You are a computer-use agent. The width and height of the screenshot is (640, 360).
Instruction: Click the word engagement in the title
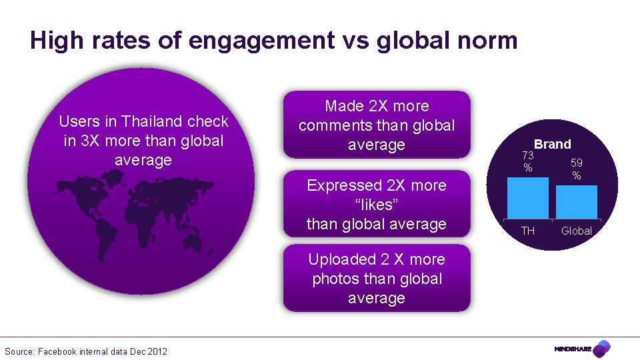click(261, 41)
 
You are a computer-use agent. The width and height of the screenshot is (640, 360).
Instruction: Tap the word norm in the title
click(487, 41)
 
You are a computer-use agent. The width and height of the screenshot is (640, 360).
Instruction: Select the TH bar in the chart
click(527, 198)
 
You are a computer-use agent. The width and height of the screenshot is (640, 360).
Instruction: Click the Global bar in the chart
click(577, 202)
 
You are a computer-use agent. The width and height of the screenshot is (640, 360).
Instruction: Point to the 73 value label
click(527, 156)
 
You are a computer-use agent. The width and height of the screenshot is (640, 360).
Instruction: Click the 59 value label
click(577, 163)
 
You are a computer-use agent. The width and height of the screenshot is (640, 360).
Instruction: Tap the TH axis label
click(527, 231)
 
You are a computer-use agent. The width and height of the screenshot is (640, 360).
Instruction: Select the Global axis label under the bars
click(577, 231)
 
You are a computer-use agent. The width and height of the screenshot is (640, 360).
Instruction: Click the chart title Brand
click(552, 144)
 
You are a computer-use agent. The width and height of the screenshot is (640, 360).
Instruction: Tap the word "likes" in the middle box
click(376, 205)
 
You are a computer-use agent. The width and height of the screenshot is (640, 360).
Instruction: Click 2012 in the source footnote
click(157, 351)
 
